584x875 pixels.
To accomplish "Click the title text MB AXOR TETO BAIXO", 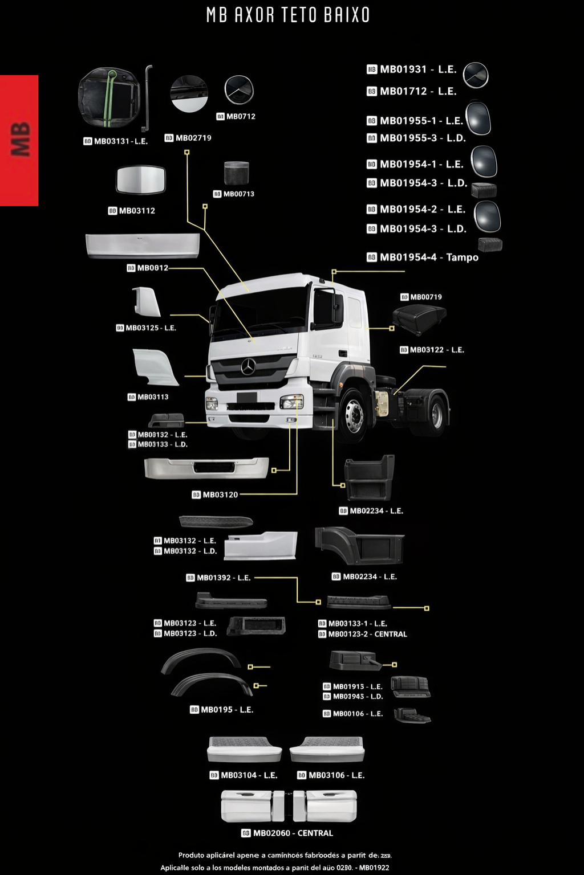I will coord(288,15).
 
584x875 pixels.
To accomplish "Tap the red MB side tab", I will coord(19,140).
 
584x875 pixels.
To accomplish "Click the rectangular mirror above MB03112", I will coord(140,180).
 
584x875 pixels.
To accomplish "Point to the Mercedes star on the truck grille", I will coord(248,367).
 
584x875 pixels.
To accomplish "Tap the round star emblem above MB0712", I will coord(239,89).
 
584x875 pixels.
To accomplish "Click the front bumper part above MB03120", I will coord(206,468).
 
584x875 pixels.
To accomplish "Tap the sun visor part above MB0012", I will coord(143,245).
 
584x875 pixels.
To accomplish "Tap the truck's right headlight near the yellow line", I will coord(291,402).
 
